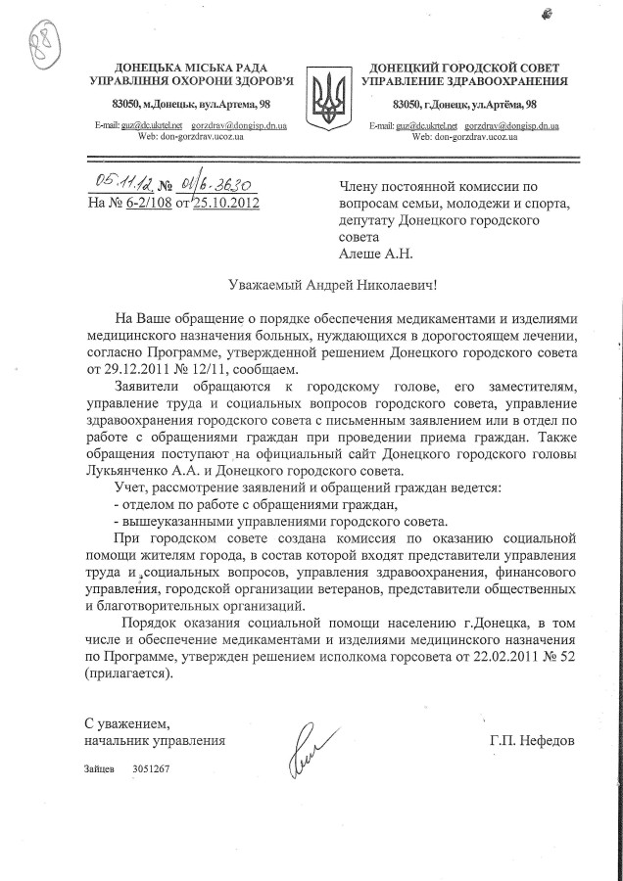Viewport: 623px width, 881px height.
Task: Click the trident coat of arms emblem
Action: coord(327,96)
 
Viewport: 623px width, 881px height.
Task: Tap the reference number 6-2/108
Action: coord(157,203)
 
